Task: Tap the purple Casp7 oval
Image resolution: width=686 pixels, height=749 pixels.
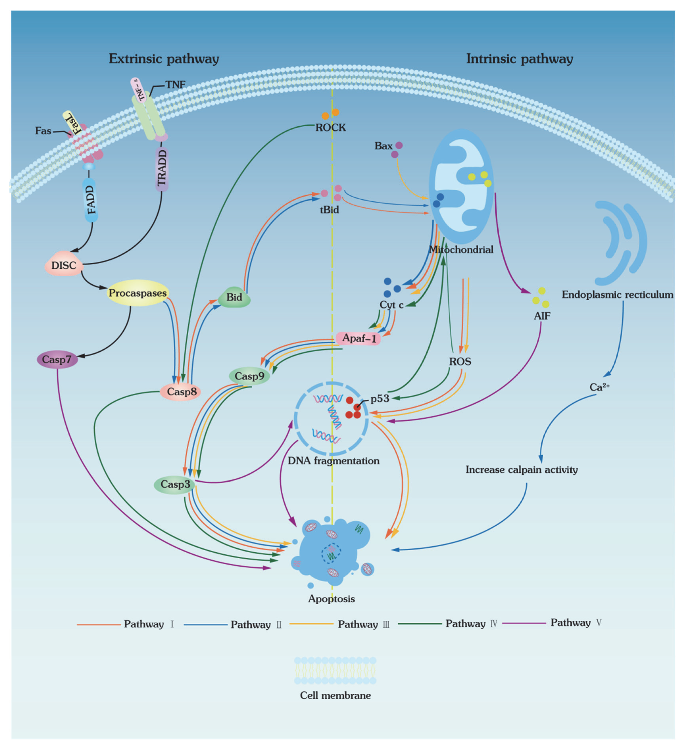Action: tap(57, 359)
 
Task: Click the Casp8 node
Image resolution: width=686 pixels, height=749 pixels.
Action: tap(181, 392)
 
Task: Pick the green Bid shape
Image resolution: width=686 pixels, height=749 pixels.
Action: tap(234, 297)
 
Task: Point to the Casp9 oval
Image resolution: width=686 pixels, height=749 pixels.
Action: tap(249, 376)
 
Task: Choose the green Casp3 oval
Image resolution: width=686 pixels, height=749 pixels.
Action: tap(175, 484)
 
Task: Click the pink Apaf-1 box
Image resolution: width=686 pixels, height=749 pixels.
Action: tap(358, 338)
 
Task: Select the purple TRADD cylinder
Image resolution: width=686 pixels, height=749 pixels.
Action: tap(162, 168)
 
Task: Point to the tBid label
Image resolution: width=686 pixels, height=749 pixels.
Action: tap(329, 210)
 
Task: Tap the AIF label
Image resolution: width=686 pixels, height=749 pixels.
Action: tap(542, 316)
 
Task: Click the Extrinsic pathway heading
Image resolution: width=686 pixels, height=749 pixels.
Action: tap(164, 59)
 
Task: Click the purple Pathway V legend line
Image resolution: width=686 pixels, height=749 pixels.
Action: tap(524, 623)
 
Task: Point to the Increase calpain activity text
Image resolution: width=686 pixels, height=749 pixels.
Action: tap(521, 470)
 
